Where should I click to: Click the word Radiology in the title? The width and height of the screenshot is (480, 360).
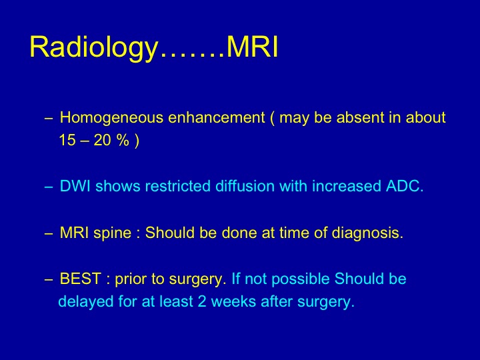(x=94, y=47)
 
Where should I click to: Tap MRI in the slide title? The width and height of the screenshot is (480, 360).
(x=253, y=47)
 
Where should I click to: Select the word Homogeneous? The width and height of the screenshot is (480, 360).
(x=111, y=118)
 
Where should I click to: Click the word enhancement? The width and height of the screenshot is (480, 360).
(x=217, y=117)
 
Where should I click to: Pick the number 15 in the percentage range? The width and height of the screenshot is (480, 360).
(x=67, y=140)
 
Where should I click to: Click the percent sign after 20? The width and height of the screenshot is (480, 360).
(x=123, y=140)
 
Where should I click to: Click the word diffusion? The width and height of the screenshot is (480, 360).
(x=245, y=186)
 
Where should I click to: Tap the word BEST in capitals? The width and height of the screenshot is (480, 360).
(x=80, y=279)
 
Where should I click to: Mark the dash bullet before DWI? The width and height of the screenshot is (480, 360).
(x=49, y=187)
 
